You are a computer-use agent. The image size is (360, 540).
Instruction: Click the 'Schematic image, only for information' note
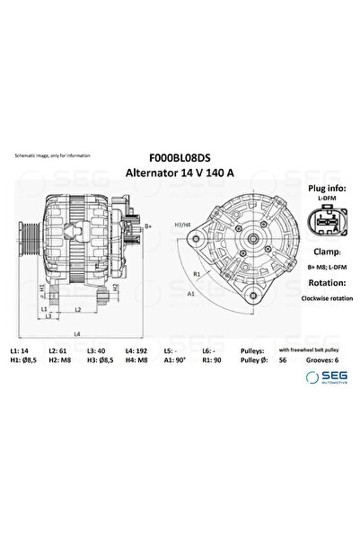point(53,156)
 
